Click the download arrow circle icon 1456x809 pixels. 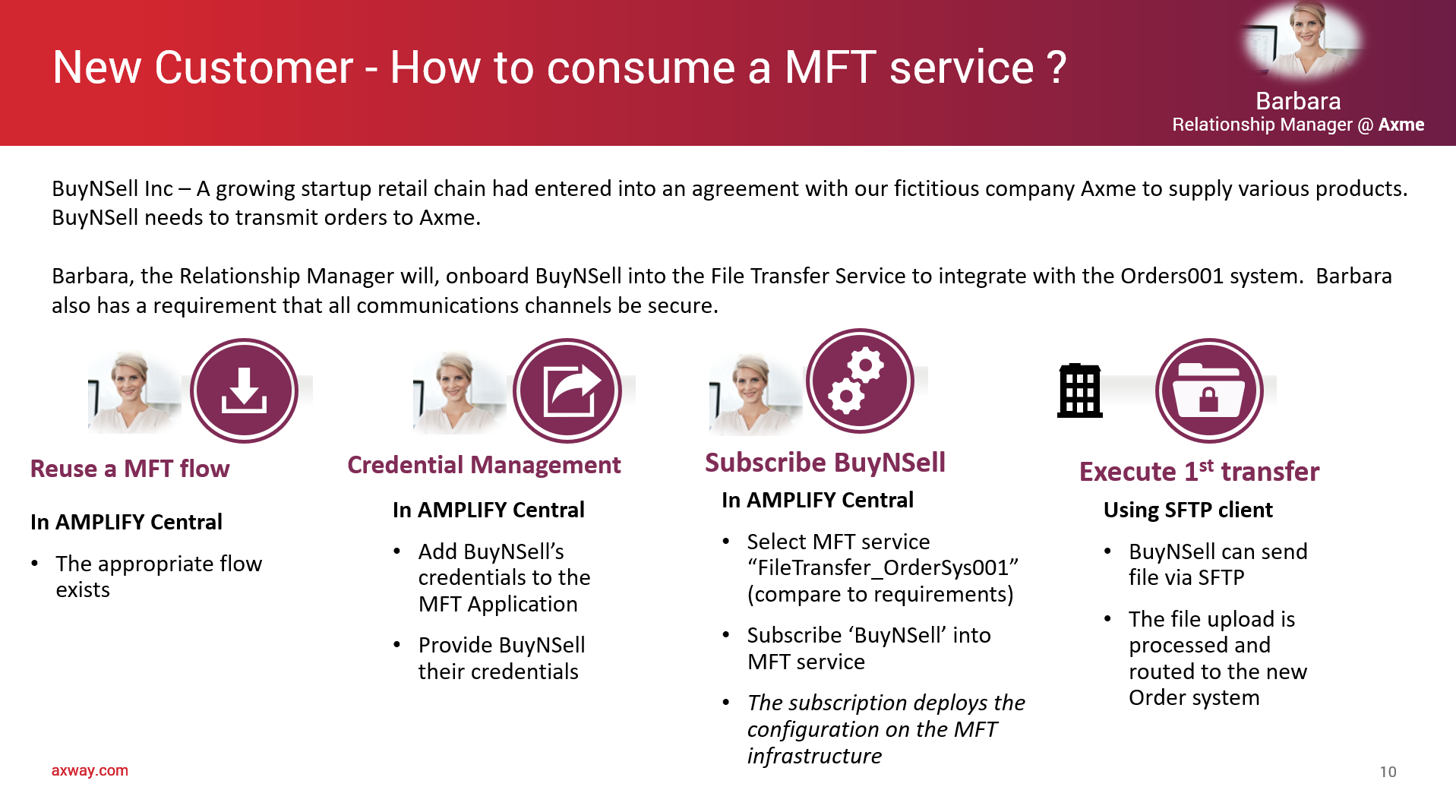click(x=244, y=390)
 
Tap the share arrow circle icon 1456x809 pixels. click(x=567, y=390)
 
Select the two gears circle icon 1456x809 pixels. click(x=860, y=381)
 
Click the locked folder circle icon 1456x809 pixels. click(x=1209, y=390)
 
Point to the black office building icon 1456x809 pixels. click(x=1079, y=390)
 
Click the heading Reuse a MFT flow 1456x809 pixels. click(x=130, y=469)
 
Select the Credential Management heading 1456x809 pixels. click(x=484, y=465)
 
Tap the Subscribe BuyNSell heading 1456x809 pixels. click(x=825, y=462)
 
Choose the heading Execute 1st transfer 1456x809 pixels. click(x=1199, y=471)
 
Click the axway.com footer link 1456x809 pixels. click(x=90, y=770)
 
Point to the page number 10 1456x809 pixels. click(x=1388, y=772)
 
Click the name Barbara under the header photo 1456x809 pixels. click(x=1298, y=101)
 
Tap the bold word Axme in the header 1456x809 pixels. click(x=1401, y=125)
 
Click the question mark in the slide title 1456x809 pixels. click(x=1056, y=67)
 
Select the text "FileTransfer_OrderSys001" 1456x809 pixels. click(x=883, y=567)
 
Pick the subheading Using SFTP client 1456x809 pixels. click(x=1188, y=510)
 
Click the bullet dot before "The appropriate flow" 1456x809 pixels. click(x=35, y=564)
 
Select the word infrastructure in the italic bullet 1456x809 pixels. click(x=814, y=756)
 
